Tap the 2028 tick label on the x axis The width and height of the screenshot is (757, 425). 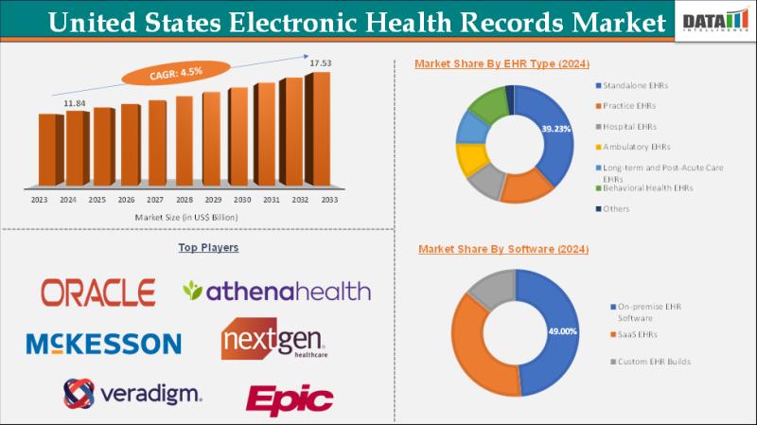click(x=185, y=201)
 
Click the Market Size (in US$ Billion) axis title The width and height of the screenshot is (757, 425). click(x=185, y=218)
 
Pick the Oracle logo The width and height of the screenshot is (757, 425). click(x=97, y=292)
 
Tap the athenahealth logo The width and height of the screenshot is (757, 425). click(x=276, y=291)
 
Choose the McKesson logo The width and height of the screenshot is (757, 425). click(x=103, y=343)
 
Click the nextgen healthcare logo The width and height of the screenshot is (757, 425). click(x=273, y=340)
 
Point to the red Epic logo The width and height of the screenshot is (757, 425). click(x=289, y=398)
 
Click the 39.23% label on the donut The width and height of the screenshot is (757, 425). click(x=555, y=129)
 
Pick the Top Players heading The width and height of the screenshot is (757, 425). click(x=208, y=248)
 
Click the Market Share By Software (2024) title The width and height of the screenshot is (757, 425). click(x=503, y=249)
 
